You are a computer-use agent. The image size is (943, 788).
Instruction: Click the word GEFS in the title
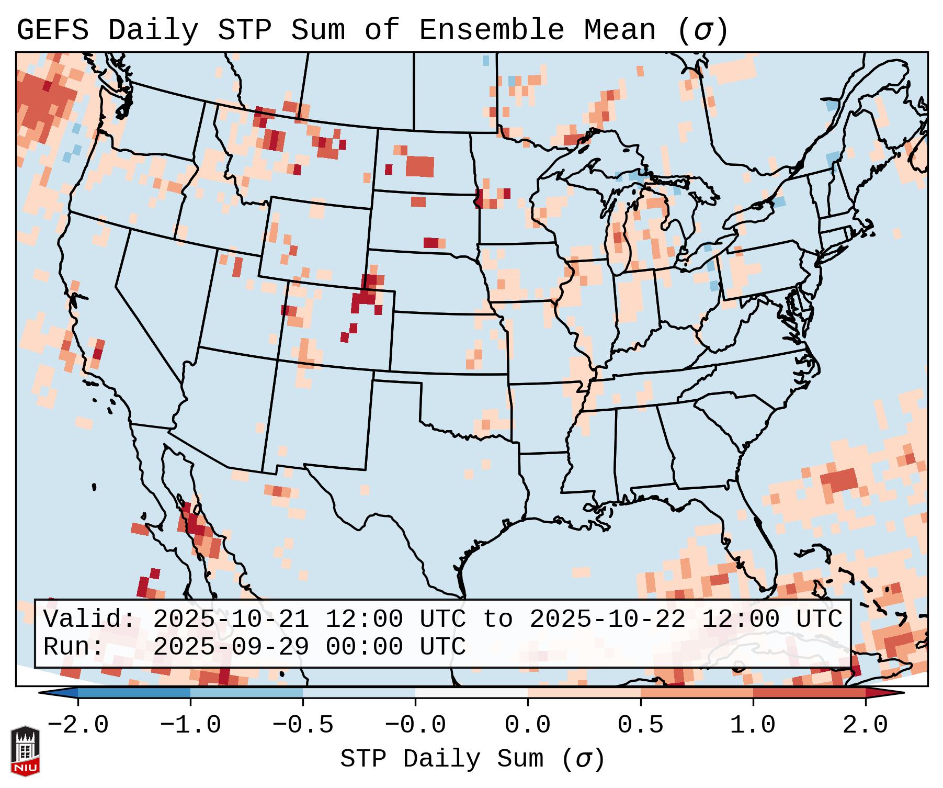[53, 30]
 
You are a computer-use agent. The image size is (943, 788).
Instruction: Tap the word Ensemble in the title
[492, 30]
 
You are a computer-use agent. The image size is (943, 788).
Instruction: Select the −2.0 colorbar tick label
[78, 725]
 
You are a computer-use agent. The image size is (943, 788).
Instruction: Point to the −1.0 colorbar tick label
[190, 725]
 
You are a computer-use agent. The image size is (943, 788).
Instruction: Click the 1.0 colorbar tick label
[753, 725]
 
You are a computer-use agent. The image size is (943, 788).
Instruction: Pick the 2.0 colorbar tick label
[866, 725]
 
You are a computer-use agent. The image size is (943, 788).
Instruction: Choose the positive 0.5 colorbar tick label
[641, 725]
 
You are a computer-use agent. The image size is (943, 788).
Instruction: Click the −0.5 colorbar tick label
[303, 725]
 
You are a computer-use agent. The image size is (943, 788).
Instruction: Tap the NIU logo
[25, 751]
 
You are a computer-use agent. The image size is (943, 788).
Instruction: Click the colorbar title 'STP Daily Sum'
[442, 759]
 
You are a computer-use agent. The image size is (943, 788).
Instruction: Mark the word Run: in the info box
[74, 647]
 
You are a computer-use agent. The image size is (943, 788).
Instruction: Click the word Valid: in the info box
[89, 620]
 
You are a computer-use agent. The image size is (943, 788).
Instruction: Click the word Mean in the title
[619, 30]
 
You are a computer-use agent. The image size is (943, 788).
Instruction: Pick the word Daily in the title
[153, 30]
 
